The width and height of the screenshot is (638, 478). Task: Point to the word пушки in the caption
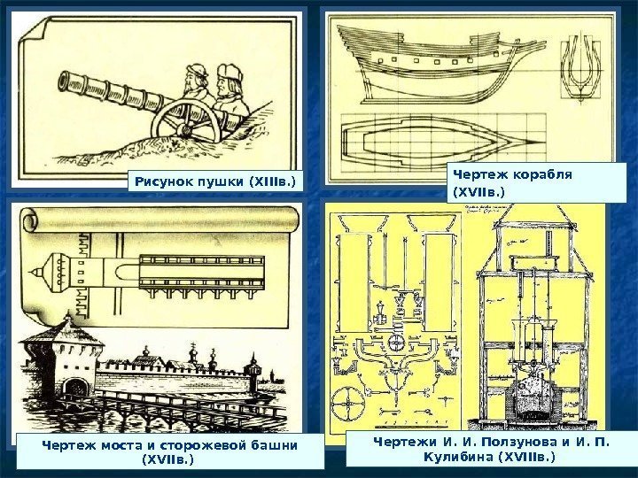tap(222, 182)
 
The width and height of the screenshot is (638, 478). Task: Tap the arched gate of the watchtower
tap(78, 387)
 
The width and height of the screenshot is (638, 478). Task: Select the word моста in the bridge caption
tap(121, 443)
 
